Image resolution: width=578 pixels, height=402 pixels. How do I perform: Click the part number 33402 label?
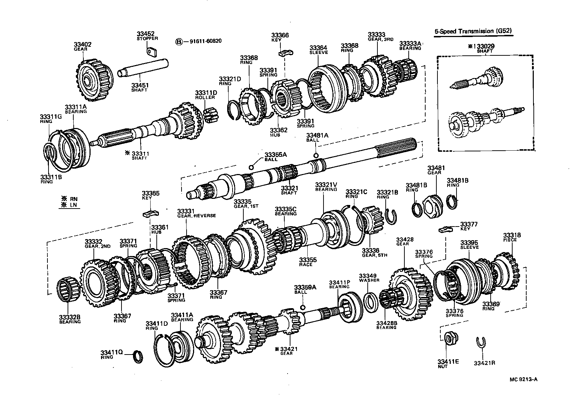coord(83,45)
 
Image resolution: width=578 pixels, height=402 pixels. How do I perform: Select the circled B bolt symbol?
coord(179,41)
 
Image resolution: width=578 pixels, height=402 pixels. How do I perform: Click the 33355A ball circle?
coord(251,167)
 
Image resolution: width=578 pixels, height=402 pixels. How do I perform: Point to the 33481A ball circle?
coord(316,155)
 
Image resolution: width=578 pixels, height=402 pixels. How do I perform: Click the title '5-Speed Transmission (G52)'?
coord(473,31)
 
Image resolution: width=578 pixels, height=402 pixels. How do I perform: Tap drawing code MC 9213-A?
coord(525,379)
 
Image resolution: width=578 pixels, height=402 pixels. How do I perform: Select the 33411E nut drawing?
coord(449,338)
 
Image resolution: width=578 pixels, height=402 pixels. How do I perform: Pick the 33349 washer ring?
coord(370,301)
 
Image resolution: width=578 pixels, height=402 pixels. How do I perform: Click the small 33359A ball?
coord(303,307)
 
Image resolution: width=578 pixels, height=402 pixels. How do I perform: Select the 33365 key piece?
coord(150,214)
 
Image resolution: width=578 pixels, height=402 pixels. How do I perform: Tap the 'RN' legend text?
coord(74,198)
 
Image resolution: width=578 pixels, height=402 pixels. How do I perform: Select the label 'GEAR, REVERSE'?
coord(196,216)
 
